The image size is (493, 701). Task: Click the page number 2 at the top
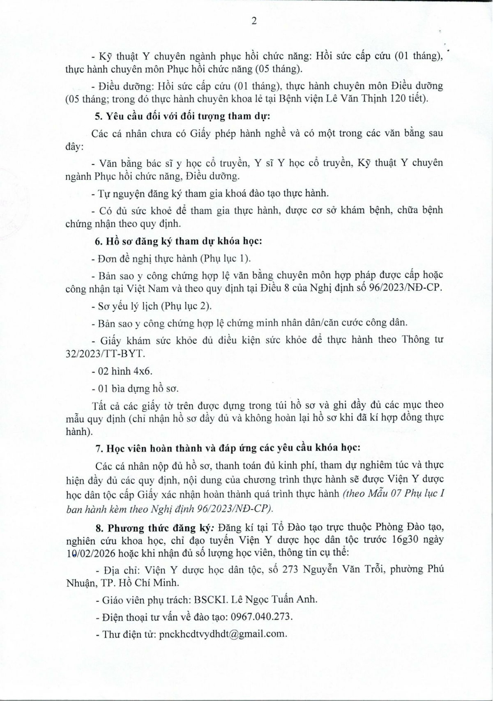tap(254, 21)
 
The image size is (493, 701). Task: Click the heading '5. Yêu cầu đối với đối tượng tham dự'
tap(182, 116)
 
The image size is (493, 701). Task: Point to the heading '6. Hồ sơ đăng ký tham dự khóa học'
tap(179, 241)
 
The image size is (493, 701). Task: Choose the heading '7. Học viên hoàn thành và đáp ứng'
tap(228, 448)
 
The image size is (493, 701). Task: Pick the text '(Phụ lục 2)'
tap(186, 306)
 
